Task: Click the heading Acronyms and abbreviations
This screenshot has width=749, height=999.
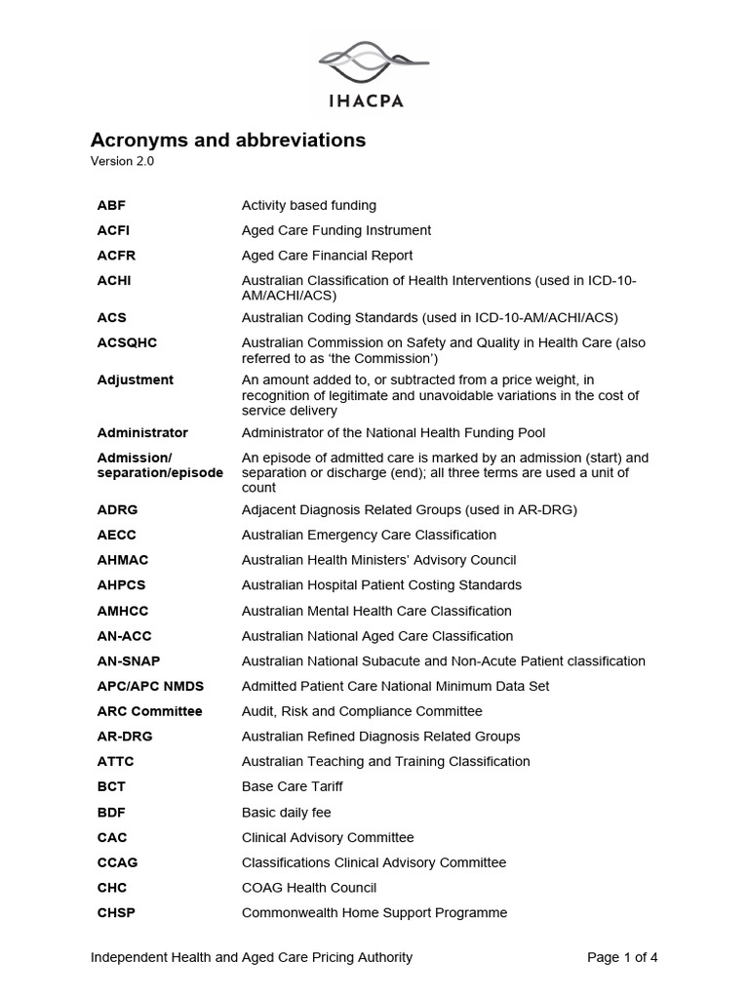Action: coord(228,140)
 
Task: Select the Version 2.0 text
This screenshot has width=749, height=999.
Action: coord(122,162)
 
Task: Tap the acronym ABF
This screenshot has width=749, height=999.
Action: coord(111,205)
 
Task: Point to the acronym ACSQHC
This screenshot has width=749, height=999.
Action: coord(127,343)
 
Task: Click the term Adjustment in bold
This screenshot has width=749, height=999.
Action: coord(136,380)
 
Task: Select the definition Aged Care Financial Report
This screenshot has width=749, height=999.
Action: coord(327,256)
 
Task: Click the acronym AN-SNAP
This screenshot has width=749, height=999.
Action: coord(129,661)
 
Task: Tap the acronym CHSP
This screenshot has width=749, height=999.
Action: coord(116,913)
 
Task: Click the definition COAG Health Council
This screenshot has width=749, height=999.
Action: coord(309,888)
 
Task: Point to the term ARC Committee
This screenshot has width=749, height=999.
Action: coord(149,711)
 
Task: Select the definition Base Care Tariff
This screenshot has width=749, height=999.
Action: coord(292,786)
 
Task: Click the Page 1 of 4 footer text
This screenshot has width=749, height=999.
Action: coord(622,957)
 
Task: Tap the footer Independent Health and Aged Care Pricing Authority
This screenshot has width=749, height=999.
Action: coord(252,957)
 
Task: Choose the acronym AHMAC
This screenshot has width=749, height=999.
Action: coord(123,560)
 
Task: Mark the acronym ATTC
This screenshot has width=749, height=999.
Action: coord(115,762)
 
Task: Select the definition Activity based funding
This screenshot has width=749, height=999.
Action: coord(308,205)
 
